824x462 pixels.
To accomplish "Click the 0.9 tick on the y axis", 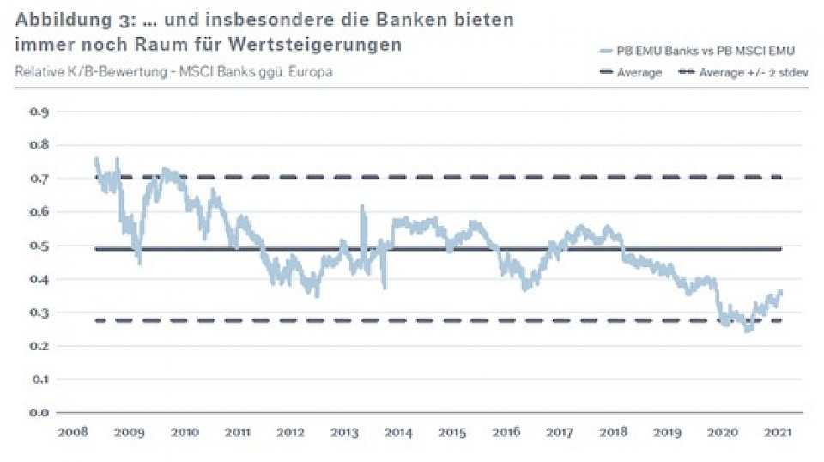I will pos(39,112).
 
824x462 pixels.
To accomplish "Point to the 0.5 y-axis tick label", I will pos(39,246).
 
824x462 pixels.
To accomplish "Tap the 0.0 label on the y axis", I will pos(39,413).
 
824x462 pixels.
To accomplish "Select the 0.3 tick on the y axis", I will pos(39,313).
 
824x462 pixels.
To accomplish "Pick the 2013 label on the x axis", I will pos(344,432).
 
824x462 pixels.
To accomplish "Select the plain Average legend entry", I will pos(639,73).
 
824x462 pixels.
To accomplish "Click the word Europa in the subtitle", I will pos(309,71).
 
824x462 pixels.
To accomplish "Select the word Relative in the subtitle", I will pos(38,71).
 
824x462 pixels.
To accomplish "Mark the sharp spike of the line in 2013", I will pos(362,207).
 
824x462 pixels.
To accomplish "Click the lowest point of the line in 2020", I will pos(748,330).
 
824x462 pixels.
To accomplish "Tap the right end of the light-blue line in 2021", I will pos(781,293).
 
